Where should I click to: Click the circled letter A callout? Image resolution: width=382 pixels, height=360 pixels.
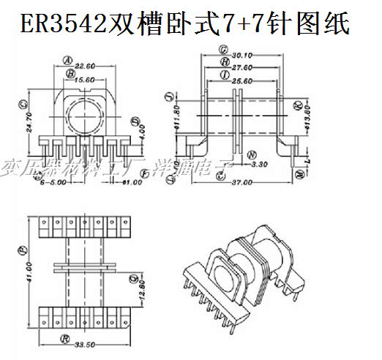coord(67,61)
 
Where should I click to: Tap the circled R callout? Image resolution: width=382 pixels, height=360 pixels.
coord(65,340)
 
